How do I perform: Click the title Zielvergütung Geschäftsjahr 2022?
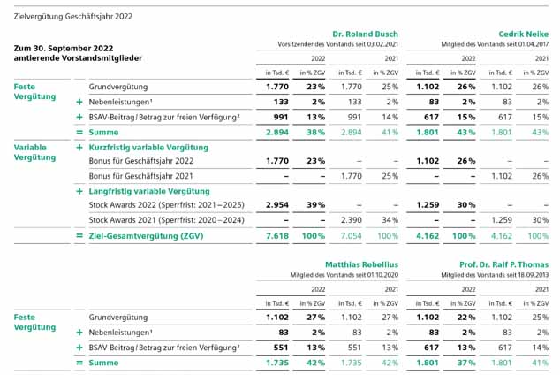click(72, 17)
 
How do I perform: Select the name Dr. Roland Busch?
click(365, 34)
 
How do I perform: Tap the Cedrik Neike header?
click(523, 34)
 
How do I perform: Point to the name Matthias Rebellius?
click(361, 264)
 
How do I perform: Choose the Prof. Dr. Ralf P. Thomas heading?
click(504, 264)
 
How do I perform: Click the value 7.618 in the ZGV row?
click(277, 236)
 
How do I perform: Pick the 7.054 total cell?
click(351, 236)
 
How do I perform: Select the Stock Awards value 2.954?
click(277, 205)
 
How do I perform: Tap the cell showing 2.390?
click(351, 220)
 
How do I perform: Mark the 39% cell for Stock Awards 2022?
click(315, 205)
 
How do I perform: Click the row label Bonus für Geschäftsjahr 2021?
click(140, 176)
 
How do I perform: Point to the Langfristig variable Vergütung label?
click(149, 191)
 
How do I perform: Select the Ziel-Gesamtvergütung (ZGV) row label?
click(146, 236)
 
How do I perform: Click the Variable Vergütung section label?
click(34, 152)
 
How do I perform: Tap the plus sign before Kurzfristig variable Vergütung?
click(79, 148)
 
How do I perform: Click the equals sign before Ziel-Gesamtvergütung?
click(79, 235)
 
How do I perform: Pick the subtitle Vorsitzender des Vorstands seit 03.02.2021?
click(337, 44)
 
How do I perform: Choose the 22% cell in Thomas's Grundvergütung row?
click(466, 318)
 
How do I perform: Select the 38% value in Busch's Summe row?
click(315, 133)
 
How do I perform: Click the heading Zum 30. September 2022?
click(64, 49)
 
